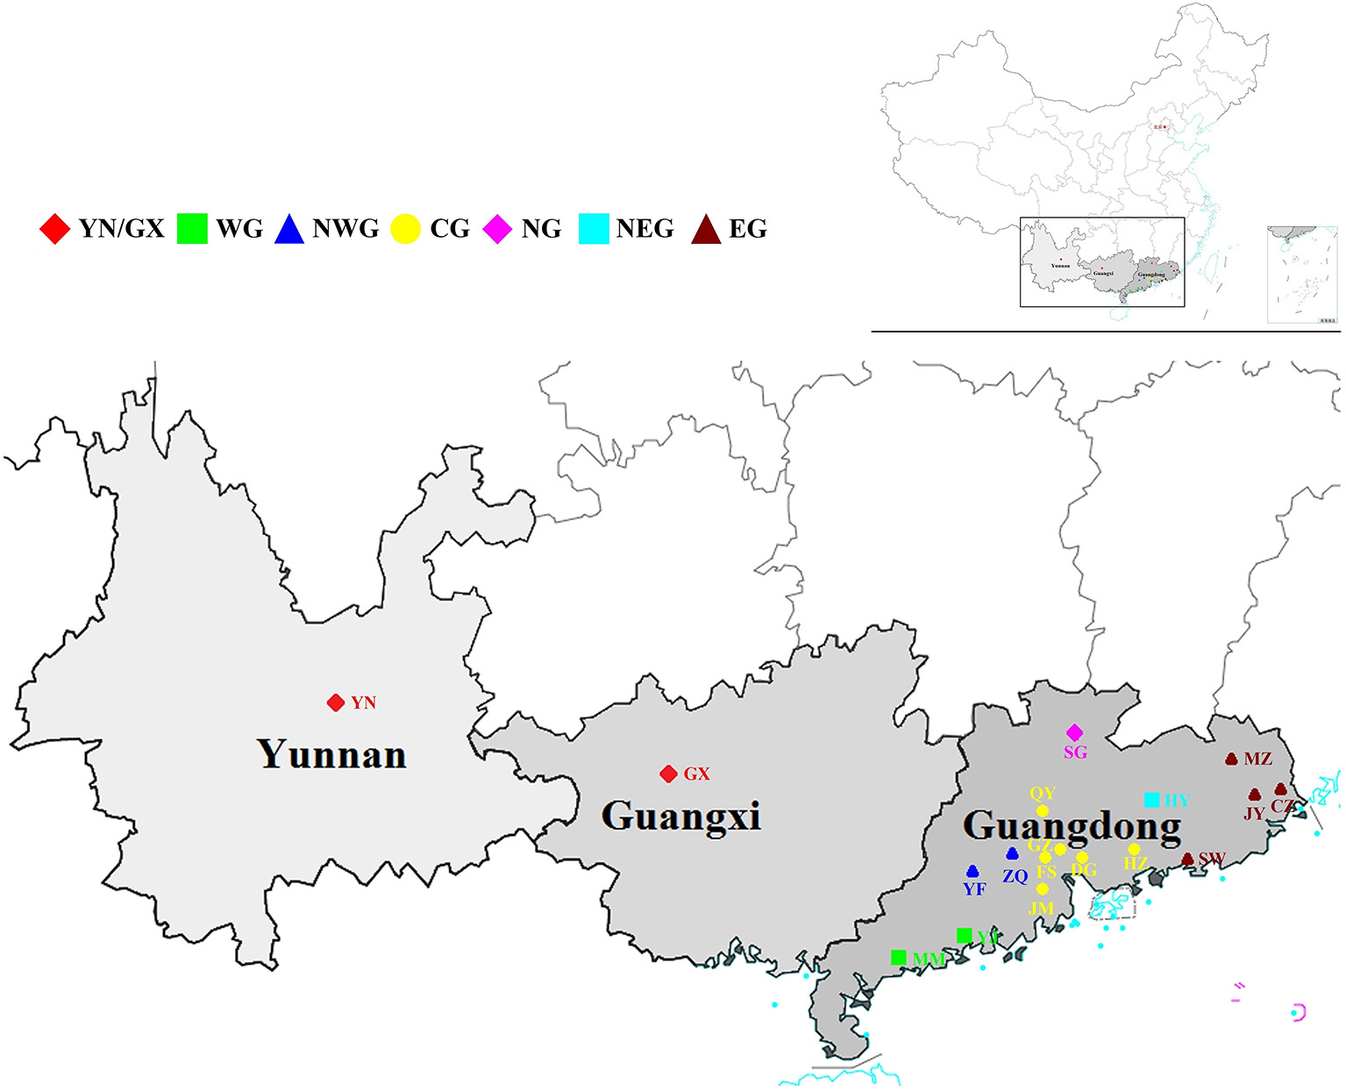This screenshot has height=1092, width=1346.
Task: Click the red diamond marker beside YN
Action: tap(335, 703)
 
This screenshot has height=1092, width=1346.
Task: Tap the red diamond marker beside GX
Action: tap(668, 774)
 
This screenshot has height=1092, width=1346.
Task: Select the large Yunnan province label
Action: tap(331, 754)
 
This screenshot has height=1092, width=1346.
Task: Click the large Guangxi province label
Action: tap(680, 816)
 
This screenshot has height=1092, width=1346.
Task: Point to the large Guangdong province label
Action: tap(1072, 825)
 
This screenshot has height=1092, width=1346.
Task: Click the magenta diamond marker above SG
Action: tap(1075, 732)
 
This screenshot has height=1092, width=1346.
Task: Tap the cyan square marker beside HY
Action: tap(1152, 799)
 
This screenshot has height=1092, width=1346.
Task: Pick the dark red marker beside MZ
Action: tap(1232, 759)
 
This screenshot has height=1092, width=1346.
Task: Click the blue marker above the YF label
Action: tap(972, 872)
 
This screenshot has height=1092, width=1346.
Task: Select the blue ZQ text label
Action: tap(1015, 876)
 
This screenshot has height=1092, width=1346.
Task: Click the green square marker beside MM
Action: tap(898, 957)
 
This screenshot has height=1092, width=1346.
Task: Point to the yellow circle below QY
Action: tap(1042, 810)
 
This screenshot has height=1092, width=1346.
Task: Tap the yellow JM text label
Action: tap(1041, 908)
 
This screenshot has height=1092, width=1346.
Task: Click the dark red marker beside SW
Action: tap(1188, 860)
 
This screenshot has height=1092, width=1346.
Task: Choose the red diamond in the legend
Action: tap(54, 229)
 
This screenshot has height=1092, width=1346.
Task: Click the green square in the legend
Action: tap(192, 229)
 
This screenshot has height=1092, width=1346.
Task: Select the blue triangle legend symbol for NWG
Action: tap(288, 230)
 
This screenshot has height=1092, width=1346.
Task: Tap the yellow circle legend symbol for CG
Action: tap(405, 229)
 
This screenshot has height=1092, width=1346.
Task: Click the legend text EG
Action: tap(748, 229)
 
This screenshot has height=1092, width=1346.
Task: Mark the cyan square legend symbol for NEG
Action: tap(594, 229)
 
